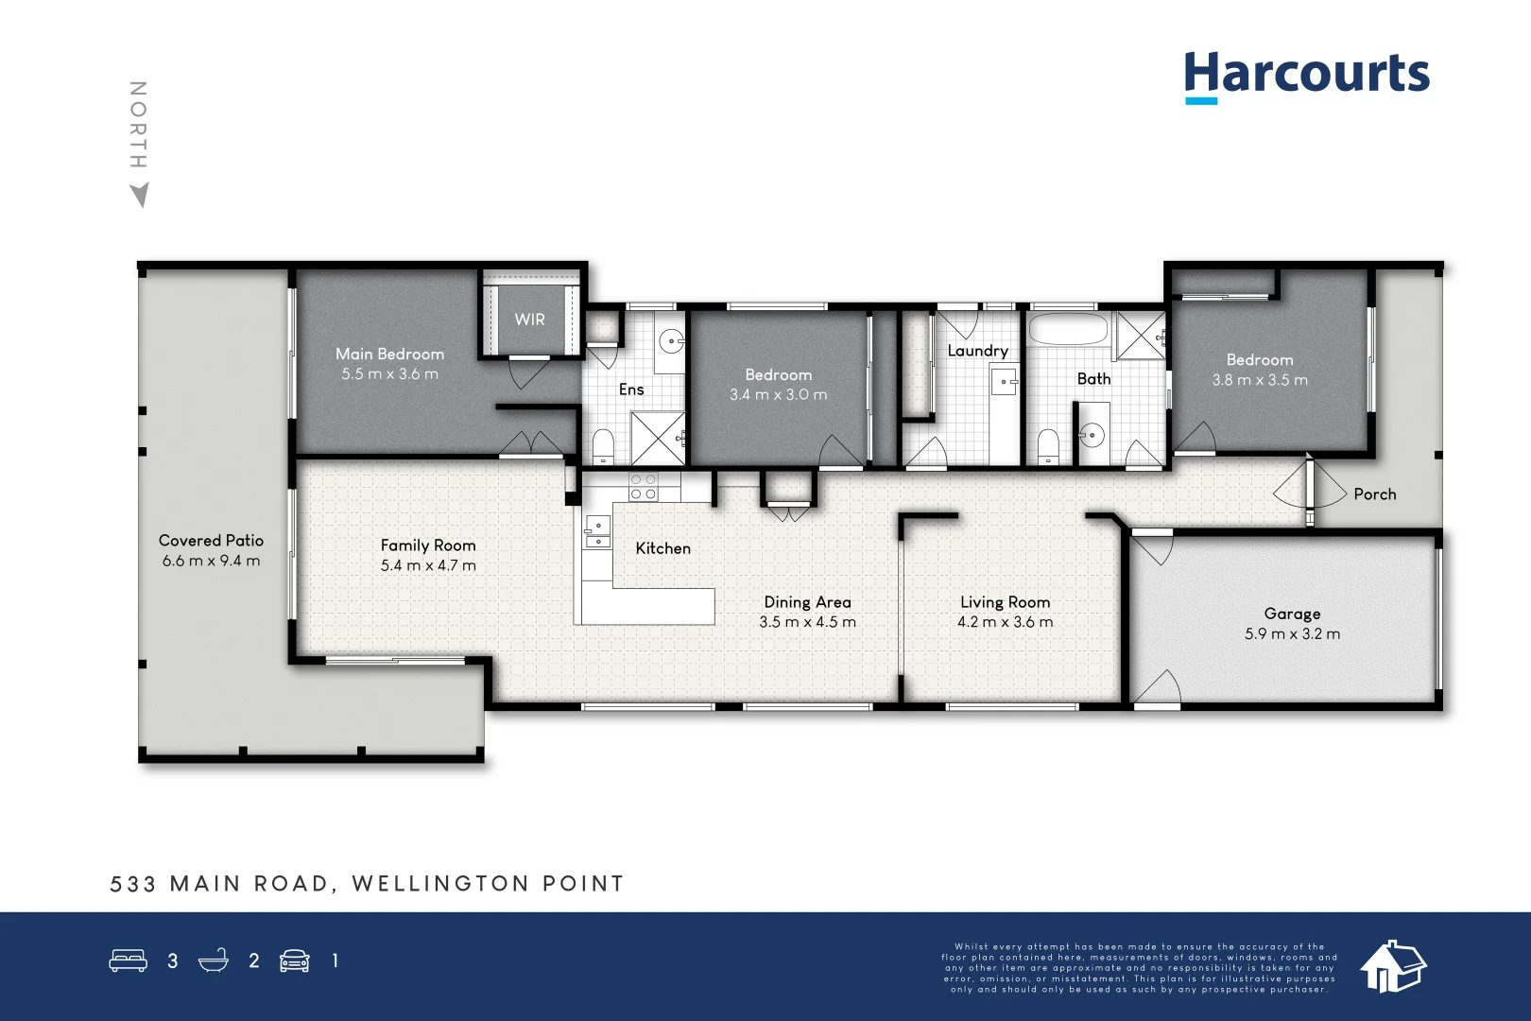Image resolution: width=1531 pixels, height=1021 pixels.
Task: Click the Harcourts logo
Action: point(1306,76)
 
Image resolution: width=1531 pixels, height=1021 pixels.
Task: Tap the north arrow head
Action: point(140,195)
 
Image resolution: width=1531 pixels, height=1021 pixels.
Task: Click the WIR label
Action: point(529,320)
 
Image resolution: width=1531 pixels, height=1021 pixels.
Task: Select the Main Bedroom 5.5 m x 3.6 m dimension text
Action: point(389,374)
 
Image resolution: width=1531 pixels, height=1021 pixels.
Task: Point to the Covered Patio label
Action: point(211,541)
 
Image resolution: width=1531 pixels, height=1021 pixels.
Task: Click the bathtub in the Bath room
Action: point(1067,331)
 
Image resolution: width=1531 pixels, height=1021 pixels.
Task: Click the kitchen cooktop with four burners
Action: point(644,487)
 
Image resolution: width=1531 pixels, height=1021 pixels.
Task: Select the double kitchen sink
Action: point(596,531)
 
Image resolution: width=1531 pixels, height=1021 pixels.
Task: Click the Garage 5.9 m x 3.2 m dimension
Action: point(1292,634)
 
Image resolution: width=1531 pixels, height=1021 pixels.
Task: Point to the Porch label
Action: point(1374,494)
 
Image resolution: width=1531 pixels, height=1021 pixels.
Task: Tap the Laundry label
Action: point(977,351)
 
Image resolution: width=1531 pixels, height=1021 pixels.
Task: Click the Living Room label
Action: point(1005,602)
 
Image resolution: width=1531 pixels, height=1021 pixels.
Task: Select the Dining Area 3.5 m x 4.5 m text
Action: point(807,622)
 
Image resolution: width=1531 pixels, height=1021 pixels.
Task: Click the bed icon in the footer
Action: point(128,960)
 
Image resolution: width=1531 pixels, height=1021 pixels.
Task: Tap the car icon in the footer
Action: point(295,960)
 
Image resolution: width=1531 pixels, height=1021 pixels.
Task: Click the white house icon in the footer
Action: point(1392,966)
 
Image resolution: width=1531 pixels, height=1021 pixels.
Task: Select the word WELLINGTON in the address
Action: point(439,884)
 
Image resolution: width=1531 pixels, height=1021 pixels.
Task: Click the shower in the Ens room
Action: point(658,438)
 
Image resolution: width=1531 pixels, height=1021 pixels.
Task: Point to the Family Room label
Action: point(427,545)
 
